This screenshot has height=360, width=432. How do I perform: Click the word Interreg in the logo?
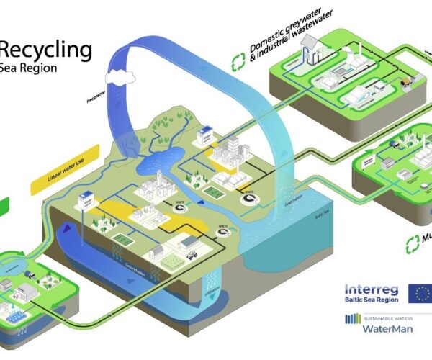(x=370, y=288)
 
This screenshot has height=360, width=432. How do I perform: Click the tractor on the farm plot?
(x=192, y=253)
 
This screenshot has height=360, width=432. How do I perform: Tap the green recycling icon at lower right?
(x=413, y=243)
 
